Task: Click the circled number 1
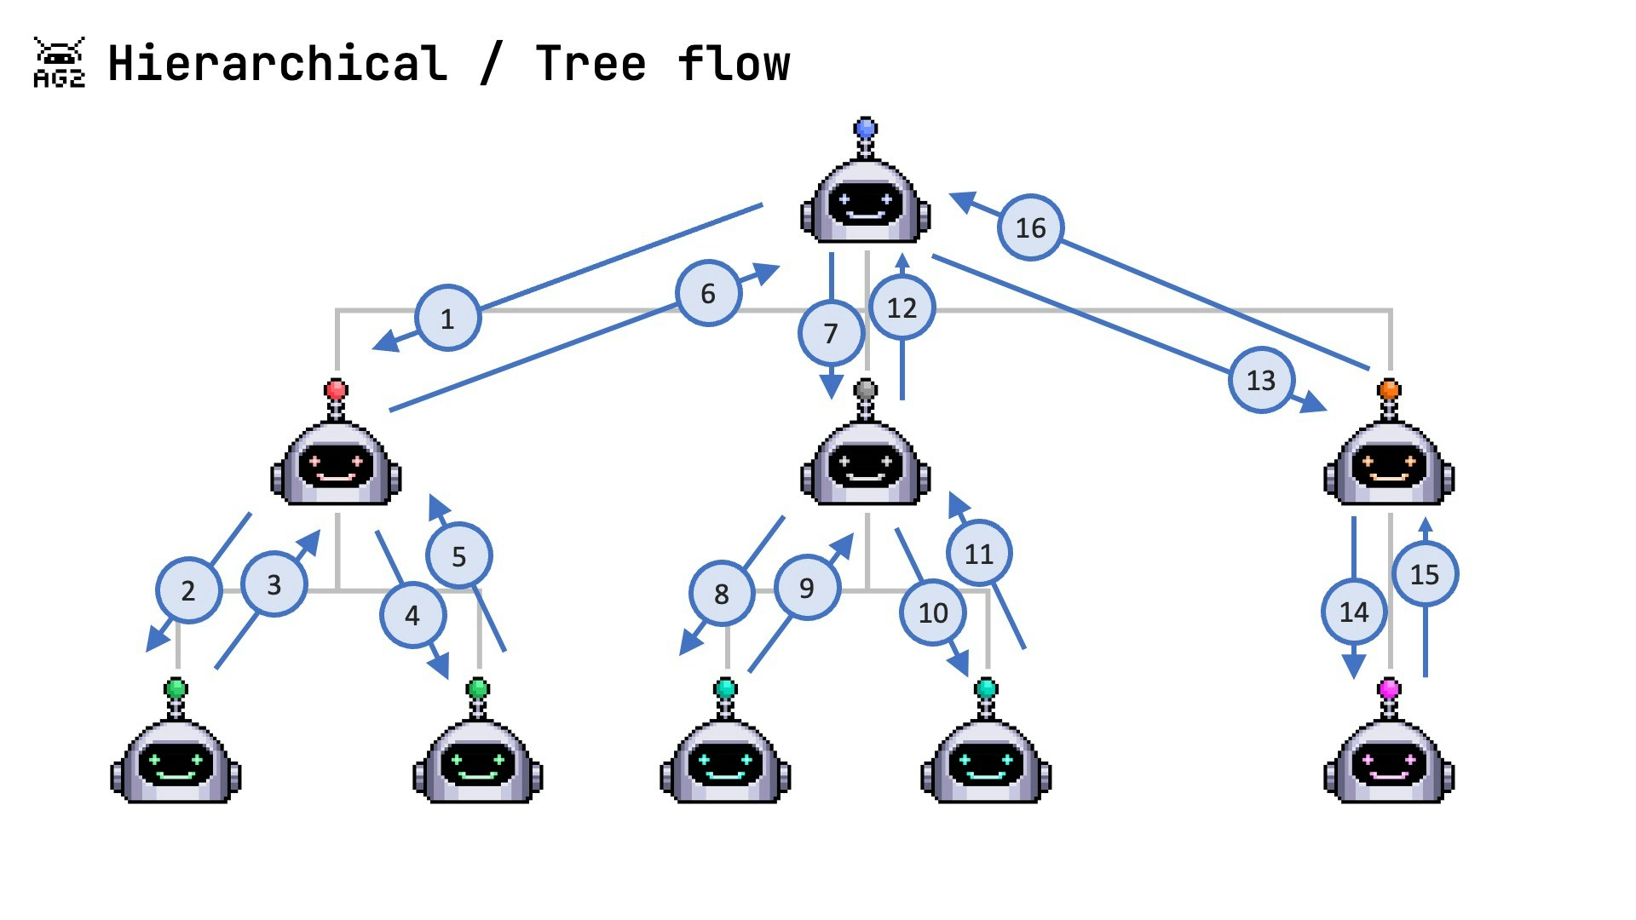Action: pyautogui.click(x=447, y=318)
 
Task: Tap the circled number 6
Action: pyautogui.click(x=708, y=293)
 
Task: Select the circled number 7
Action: pyautogui.click(x=831, y=333)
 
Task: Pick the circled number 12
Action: pyautogui.click(x=902, y=308)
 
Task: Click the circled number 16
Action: pyautogui.click(x=1030, y=227)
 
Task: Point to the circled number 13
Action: pyautogui.click(x=1261, y=380)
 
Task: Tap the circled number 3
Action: pyautogui.click(x=274, y=584)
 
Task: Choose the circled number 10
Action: pyautogui.click(x=933, y=612)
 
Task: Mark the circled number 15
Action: pyautogui.click(x=1425, y=574)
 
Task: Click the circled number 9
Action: pyautogui.click(x=807, y=588)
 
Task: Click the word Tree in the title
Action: pyautogui.click(x=590, y=64)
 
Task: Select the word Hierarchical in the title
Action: pyautogui.click(x=277, y=64)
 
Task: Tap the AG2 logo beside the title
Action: pyautogui.click(x=59, y=62)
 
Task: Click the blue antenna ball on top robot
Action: pyautogui.click(x=866, y=129)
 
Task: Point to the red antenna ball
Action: pyautogui.click(x=337, y=390)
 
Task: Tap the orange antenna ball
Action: pyautogui.click(x=1389, y=390)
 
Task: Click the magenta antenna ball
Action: pyautogui.click(x=1389, y=688)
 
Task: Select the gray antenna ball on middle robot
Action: pyautogui.click(x=866, y=390)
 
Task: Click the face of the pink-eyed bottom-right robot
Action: pyautogui.click(x=1389, y=762)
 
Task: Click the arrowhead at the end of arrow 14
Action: pyautogui.click(x=1354, y=666)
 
